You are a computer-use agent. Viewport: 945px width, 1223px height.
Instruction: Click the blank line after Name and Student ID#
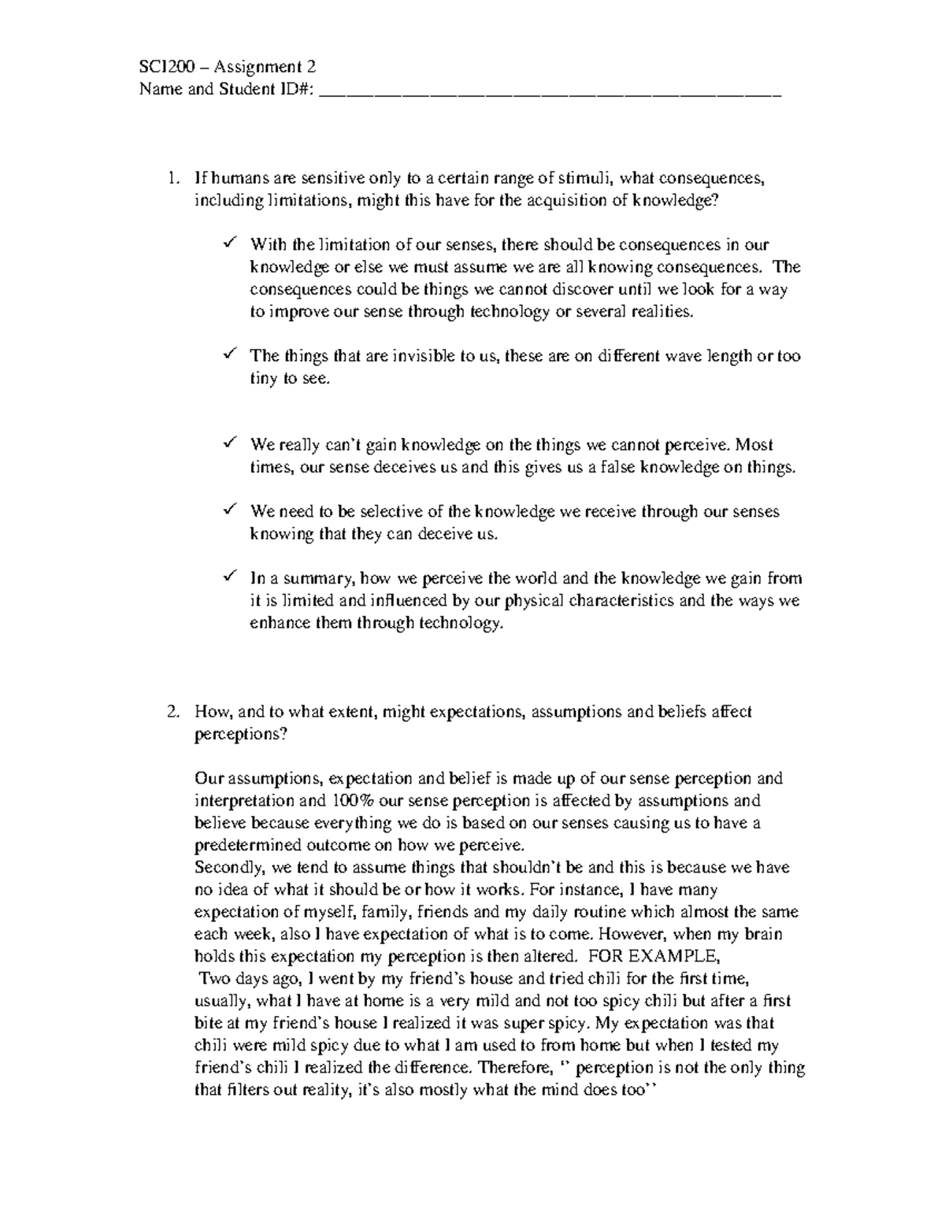551,91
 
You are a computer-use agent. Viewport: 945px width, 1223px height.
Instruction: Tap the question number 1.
173,178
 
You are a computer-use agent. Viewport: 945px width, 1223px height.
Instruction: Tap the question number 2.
173,712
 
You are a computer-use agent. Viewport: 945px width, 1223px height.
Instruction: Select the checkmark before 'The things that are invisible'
229,354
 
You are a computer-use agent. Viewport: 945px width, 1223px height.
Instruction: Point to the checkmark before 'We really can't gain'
229,443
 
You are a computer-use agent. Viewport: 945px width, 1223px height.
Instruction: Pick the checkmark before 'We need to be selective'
229,510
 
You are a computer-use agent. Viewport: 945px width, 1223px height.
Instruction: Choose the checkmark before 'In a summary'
229,576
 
